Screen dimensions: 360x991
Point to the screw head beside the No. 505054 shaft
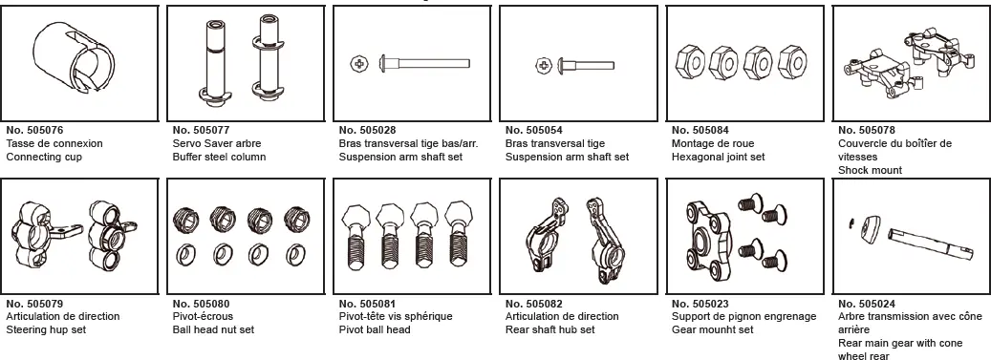click(x=543, y=66)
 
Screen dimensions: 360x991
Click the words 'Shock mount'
click(x=870, y=170)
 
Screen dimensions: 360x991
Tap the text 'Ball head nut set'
click(x=213, y=330)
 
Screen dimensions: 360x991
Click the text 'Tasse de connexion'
click(x=54, y=143)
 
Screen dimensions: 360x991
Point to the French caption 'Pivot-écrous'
click(x=201, y=317)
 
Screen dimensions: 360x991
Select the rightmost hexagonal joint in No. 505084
click(x=789, y=60)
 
